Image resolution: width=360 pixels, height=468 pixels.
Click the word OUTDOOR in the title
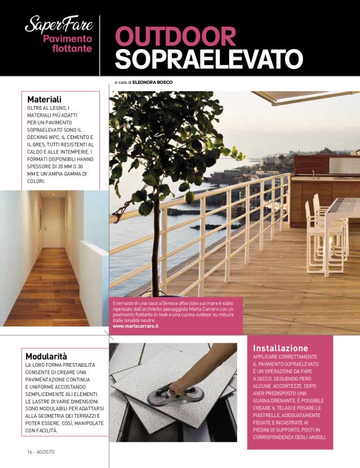(175, 36)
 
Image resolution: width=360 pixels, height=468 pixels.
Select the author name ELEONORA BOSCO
(153, 82)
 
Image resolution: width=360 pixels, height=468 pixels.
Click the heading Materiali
(44, 99)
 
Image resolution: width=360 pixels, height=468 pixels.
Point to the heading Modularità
(46, 356)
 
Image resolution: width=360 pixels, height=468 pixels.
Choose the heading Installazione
(281, 348)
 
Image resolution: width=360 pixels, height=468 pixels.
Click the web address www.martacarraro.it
(135, 326)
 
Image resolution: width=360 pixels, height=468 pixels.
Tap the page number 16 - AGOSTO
(40, 451)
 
